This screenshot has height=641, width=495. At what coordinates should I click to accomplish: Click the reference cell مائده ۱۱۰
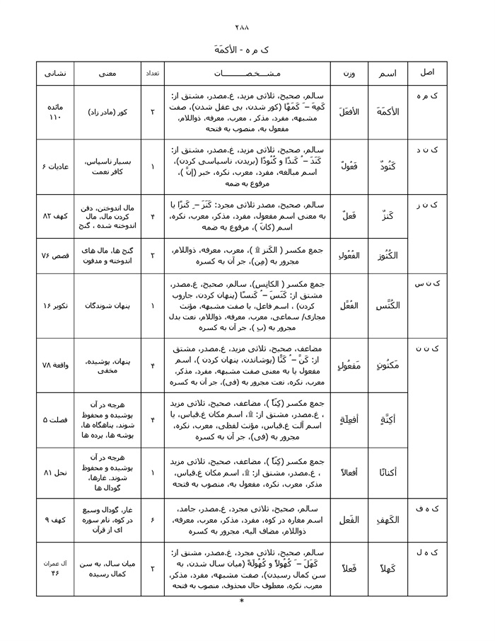(54, 112)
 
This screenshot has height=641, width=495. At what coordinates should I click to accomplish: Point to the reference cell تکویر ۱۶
(54, 305)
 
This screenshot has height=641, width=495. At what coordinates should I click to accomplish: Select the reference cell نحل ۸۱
(54, 471)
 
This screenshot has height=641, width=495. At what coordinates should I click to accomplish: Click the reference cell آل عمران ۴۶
(54, 568)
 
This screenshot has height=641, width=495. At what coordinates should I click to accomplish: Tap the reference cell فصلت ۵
(54, 419)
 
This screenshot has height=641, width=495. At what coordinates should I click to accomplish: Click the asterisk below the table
(242, 601)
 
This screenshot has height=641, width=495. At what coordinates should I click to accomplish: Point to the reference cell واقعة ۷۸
(54, 365)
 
